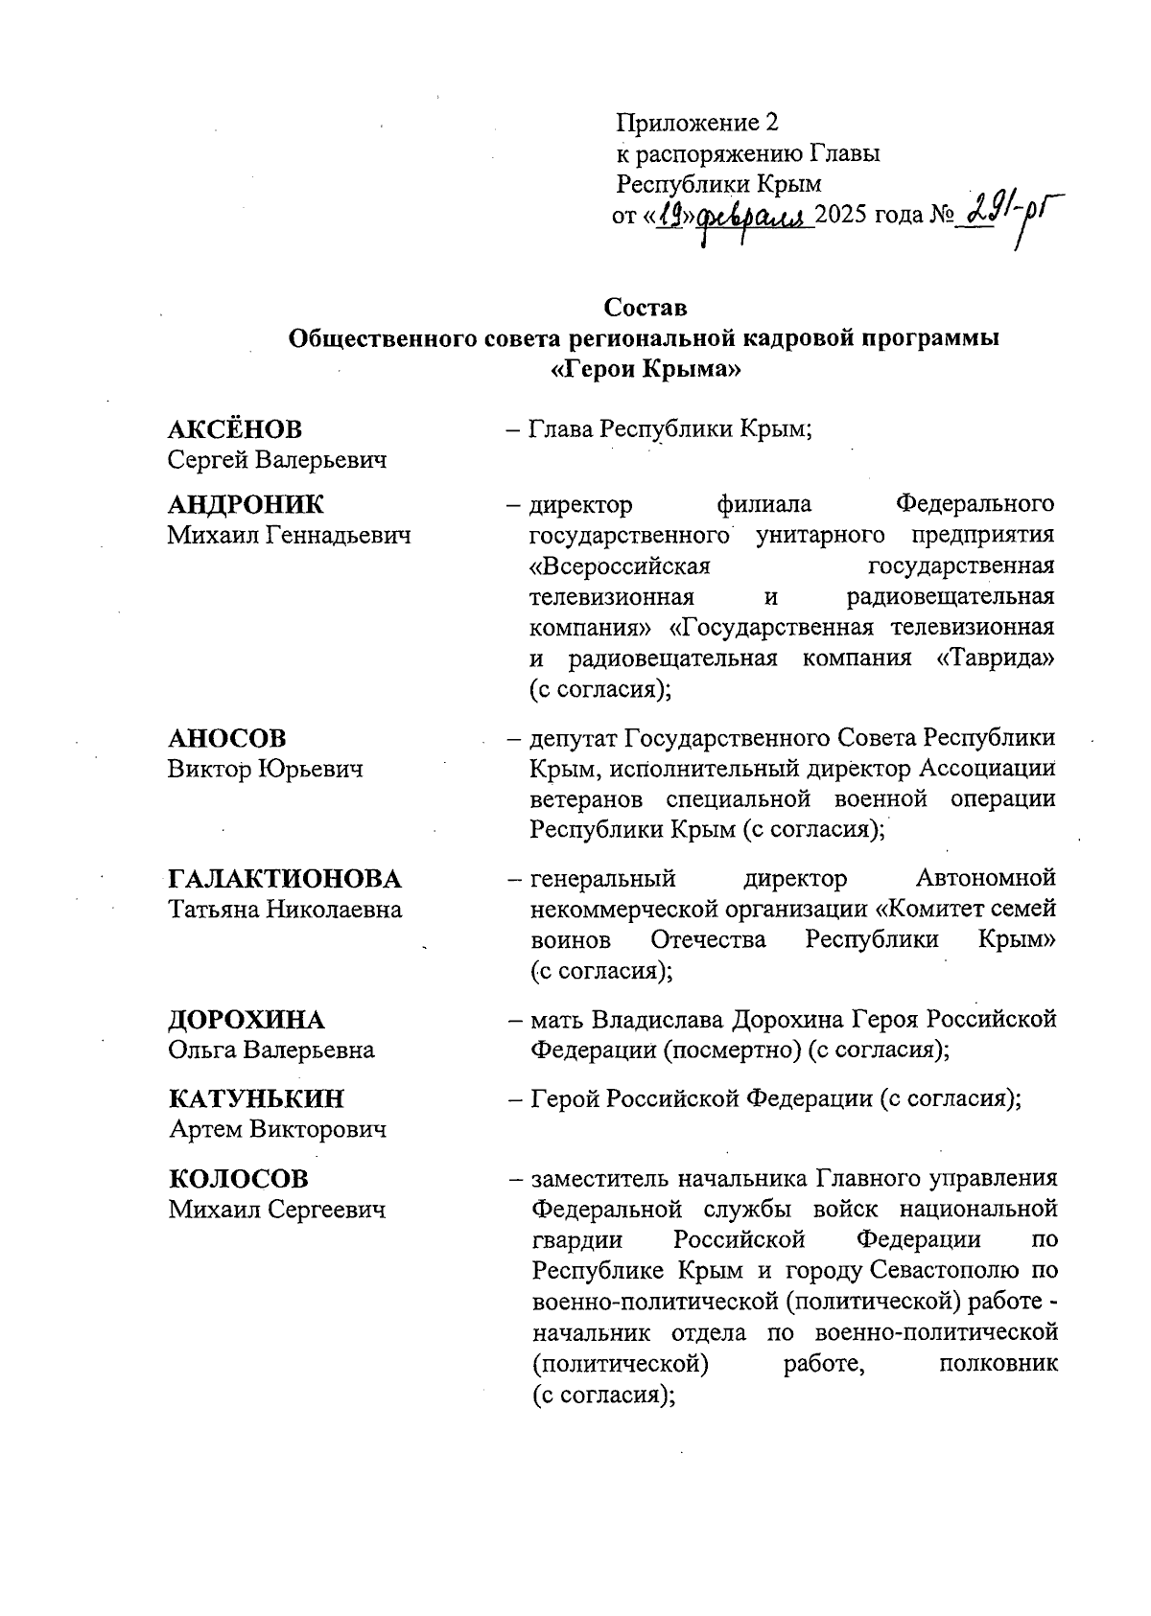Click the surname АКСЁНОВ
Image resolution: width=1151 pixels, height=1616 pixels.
tap(235, 429)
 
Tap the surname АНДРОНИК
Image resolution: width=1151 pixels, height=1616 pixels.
tap(247, 504)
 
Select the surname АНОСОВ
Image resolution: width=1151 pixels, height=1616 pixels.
tap(227, 738)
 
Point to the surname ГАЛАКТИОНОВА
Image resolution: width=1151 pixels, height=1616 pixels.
tap(285, 879)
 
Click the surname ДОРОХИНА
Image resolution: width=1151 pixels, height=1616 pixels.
tap(247, 1019)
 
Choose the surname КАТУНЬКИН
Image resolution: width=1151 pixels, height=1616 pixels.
tap(256, 1098)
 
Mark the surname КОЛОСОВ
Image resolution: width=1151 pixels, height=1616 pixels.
tap(239, 1179)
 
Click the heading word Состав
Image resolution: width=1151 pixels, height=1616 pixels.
tap(646, 308)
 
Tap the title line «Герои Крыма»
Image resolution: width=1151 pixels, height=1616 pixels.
tap(646, 369)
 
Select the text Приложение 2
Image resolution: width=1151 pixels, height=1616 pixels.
tap(696, 123)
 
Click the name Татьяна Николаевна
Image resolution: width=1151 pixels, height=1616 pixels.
tap(286, 910)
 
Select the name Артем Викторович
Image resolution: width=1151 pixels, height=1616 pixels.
tap(277, 1129)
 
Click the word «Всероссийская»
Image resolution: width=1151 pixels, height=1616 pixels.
tap(620, 566)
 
